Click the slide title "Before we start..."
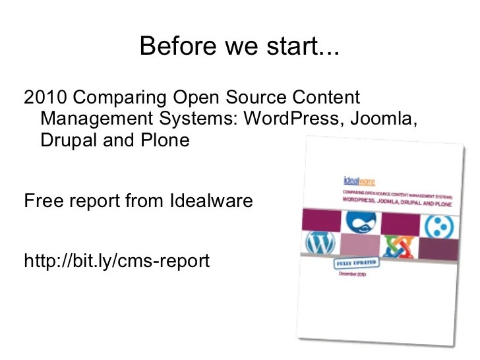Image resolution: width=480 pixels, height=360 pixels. click(x=239, y=46)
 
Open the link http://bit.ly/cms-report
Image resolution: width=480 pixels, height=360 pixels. click(x=117, y=261)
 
